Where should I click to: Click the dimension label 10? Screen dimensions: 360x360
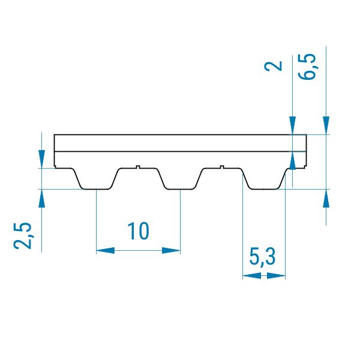(138, 231)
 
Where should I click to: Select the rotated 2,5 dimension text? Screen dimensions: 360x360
(22, 236)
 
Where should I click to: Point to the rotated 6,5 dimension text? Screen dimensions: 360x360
(307, 67)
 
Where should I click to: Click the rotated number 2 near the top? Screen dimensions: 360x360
(273, 66)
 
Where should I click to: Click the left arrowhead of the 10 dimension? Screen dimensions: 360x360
(105, 250)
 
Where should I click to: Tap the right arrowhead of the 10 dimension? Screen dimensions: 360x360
(171, 250)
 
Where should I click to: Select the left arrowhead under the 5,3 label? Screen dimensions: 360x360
(252, 276)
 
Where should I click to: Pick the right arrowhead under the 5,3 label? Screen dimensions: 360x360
(276, 276)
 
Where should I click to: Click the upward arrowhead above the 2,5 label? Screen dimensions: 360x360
(41, 198)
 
